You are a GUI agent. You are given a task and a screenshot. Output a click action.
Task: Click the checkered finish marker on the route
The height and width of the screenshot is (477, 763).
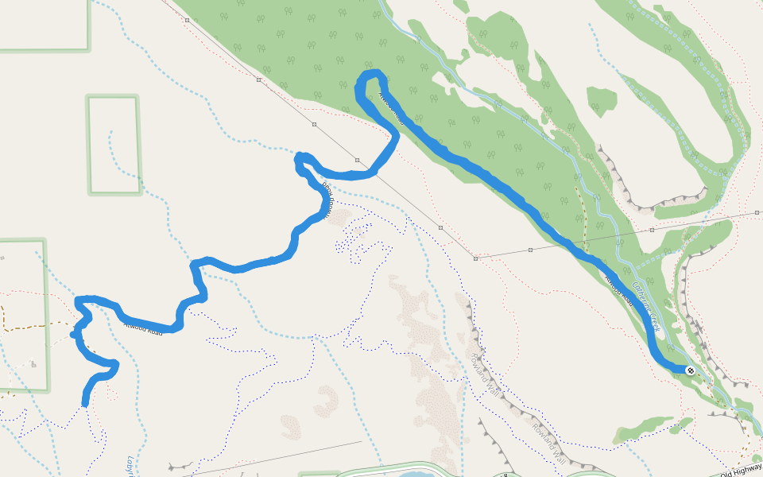(689, 370)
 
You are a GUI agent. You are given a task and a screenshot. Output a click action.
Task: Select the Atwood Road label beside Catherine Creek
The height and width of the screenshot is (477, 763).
(619, 290)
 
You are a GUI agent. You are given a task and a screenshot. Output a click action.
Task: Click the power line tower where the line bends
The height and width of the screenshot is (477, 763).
(475, 258)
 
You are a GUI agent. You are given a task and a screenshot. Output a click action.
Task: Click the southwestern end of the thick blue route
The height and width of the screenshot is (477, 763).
(85, 404)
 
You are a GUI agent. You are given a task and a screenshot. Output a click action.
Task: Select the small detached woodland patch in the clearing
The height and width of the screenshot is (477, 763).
(602, 100)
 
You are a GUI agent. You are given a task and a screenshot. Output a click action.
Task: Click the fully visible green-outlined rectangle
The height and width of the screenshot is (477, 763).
(113, 145)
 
